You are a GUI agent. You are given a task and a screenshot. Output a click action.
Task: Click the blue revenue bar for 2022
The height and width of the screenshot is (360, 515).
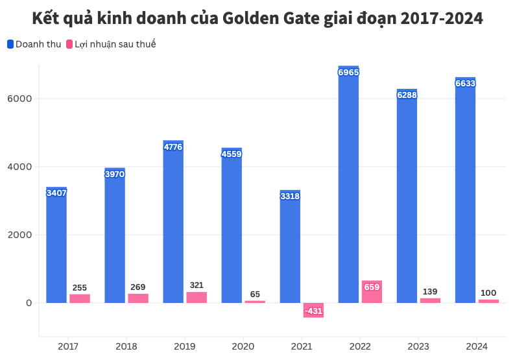348,188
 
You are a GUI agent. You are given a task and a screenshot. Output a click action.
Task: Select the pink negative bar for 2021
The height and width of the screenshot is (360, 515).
313,310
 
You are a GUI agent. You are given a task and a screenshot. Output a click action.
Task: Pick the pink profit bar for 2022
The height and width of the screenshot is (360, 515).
372,292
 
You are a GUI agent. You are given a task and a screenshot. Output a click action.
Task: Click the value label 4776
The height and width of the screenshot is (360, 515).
173,147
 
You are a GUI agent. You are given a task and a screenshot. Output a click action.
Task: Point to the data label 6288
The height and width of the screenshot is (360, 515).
407,95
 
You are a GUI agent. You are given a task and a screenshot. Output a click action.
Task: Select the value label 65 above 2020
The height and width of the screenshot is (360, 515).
255,294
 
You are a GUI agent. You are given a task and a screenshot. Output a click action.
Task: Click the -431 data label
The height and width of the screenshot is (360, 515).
313,311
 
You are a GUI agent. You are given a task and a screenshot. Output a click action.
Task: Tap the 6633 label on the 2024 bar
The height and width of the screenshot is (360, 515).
465,84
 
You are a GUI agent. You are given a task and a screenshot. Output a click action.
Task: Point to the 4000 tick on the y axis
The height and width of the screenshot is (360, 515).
19,167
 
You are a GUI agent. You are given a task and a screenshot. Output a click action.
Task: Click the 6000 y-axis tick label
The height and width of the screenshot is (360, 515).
19,99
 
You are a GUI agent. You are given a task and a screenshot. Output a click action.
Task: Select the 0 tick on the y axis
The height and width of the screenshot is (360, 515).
29,303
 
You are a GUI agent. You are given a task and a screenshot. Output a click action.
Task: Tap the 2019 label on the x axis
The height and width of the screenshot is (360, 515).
185,346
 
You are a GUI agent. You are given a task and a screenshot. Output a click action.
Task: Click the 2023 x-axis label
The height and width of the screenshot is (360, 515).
418,346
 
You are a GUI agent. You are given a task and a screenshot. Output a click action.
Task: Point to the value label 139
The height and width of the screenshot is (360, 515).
430,292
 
